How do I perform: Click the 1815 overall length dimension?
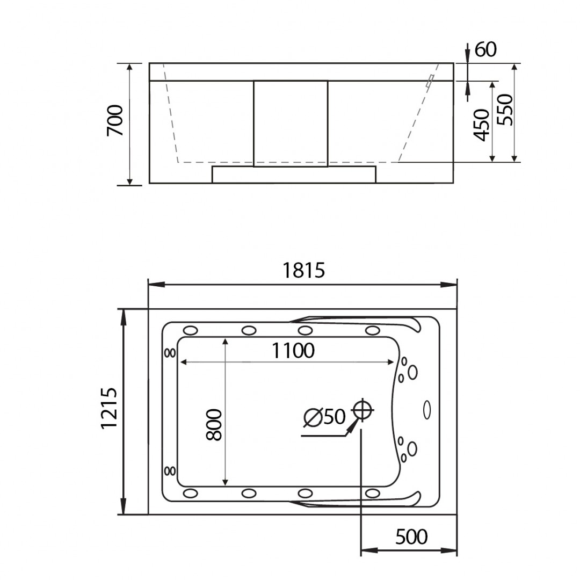point(303,270)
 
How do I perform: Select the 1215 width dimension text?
point(109,408)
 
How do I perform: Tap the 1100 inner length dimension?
point(293,350)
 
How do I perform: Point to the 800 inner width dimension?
point(214,425)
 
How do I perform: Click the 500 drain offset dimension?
point(411,536)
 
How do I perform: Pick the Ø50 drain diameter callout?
point(324,417)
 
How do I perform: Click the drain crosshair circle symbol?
point(362,410)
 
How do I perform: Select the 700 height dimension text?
point(115,121)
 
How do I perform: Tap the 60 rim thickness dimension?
point(485,49)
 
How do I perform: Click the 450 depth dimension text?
point(482,125)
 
